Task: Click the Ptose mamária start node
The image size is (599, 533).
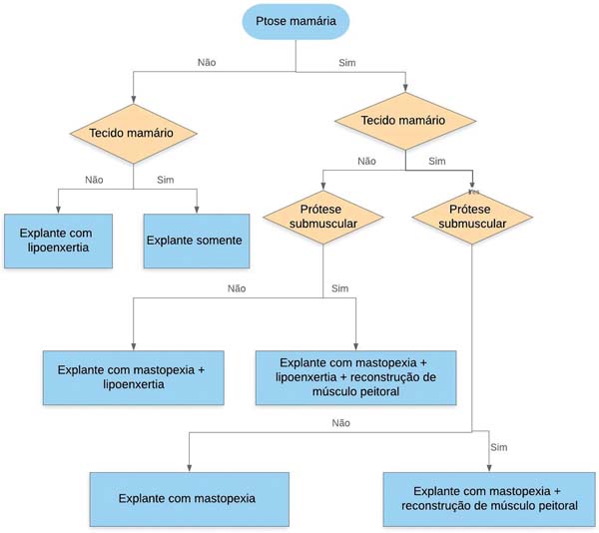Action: (296, 21)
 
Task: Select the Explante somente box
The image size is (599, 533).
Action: (197, 241)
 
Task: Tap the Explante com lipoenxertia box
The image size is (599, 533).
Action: (59, 241)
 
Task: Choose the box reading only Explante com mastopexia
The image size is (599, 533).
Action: (189, 499)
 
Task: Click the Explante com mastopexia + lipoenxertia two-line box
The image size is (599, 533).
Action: (134, 377)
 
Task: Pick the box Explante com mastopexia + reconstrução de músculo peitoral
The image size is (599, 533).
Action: (489, 499)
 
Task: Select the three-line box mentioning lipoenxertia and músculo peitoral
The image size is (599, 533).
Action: (355, 377)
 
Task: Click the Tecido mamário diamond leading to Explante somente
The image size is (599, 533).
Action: (134, 134)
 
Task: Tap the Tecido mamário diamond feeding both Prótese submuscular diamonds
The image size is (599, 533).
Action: (405, 121)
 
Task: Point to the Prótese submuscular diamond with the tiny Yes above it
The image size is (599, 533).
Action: (472, 218)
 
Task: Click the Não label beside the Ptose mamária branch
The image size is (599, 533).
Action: (207, 62)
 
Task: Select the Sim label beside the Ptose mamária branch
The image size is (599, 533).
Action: (346, 63)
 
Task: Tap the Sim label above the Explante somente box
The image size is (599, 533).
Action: (166, 180)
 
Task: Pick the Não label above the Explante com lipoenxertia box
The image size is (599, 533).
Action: (94, 180)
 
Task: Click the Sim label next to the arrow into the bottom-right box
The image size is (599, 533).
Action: (499, 447)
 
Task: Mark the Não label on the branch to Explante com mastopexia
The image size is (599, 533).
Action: (340, 423)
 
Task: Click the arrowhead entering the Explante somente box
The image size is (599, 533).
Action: (197, 210)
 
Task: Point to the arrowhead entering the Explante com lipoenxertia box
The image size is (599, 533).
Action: (58, 210)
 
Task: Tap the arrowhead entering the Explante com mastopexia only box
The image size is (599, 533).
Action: (189, 468)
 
